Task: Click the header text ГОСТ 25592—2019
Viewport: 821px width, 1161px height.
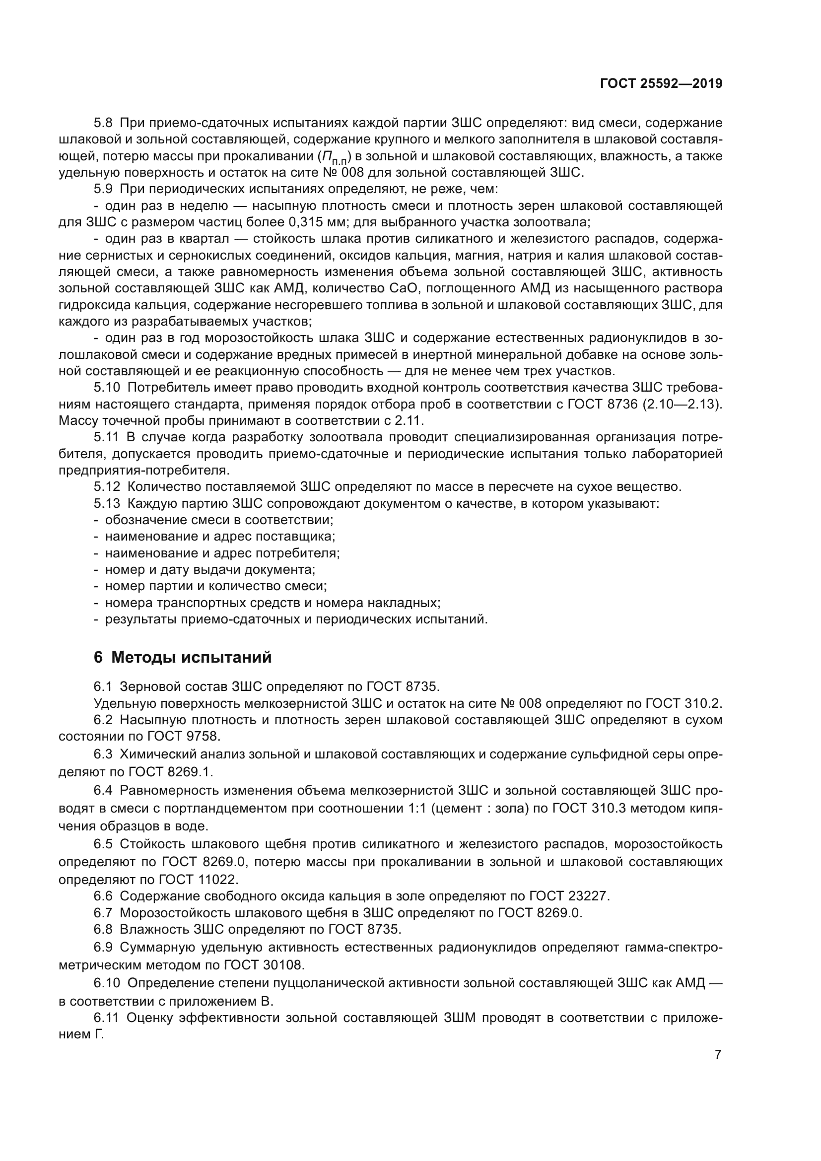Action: (x=661, y=84)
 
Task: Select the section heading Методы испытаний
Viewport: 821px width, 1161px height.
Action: (x=191, y=657)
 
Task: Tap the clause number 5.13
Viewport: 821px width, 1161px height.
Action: (x=107, y=503)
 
